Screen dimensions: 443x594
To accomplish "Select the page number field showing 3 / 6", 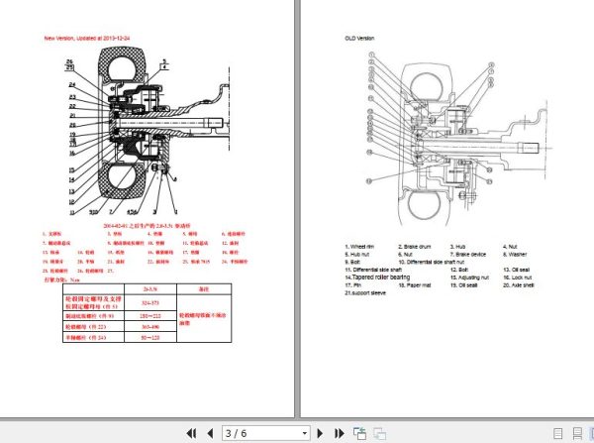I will click(x=264, y=433).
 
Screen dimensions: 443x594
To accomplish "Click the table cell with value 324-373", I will click(x=150, y=301).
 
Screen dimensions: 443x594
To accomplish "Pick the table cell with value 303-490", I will click(x=150, y=325).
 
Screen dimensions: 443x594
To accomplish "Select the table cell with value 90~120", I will click(x=150, y=338).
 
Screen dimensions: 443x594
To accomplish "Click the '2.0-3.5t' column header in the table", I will click(x=150, y=288).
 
